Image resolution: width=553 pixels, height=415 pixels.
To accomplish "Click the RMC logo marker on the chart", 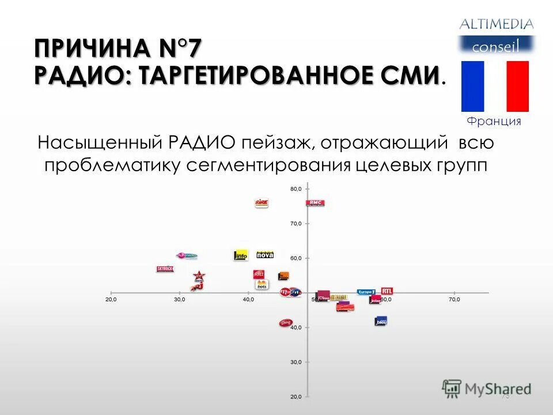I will click(315, 203).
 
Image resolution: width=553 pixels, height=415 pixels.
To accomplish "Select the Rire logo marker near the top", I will click(262, 203).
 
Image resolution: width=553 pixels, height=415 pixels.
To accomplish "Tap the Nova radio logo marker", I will click(264, 254).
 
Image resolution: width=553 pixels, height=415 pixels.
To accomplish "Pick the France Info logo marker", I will click(241, 255).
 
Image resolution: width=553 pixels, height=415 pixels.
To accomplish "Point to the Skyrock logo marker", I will click(165, 269).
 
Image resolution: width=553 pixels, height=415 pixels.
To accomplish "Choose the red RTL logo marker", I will click(387, 291).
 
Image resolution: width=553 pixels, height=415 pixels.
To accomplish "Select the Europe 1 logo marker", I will click(366, 292).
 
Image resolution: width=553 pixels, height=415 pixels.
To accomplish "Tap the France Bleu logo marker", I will click(380, 321).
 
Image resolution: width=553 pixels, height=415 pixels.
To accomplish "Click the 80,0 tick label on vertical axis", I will click(296, 189).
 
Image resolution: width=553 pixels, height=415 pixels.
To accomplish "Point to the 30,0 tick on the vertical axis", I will click(296, 362).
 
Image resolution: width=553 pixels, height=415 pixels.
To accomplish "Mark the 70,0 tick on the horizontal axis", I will click(454, 300).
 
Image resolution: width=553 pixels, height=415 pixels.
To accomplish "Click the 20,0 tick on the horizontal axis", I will click(111, 300).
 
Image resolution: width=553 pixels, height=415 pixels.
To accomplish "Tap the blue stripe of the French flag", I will click(472, 86).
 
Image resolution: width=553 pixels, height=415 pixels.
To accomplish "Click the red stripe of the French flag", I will click(517, 86).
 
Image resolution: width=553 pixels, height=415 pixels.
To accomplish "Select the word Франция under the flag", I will click(494, 121).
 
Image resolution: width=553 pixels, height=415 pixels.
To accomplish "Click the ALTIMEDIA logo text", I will click(496, 24).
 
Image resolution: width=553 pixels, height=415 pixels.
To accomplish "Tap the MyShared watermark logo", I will click(487, 388).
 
